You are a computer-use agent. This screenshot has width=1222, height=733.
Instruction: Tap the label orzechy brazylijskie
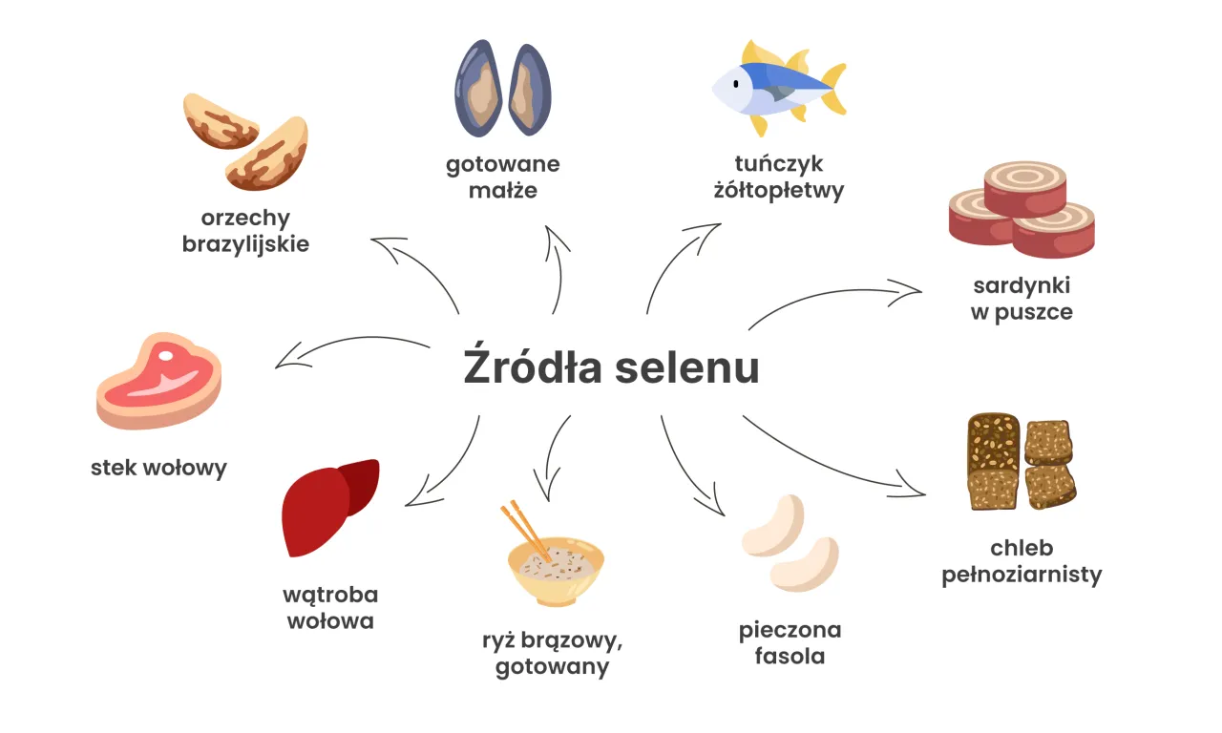[246, 231]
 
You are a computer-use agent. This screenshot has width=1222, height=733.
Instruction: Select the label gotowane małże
[503, 177]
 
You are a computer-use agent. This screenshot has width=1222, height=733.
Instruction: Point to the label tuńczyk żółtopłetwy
[779, 177]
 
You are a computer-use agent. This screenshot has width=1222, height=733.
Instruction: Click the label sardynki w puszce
[1022, 298]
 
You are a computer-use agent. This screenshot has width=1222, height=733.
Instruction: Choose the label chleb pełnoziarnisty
[1022, 561]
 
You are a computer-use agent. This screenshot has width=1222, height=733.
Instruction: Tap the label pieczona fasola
[790, 643]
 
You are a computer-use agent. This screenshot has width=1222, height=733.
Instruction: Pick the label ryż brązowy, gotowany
[552, 653]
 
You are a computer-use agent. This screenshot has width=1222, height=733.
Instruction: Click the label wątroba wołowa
[330, 608]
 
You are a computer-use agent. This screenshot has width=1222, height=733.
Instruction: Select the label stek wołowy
[158, 468]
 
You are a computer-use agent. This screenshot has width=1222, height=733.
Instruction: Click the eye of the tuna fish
[736, 84]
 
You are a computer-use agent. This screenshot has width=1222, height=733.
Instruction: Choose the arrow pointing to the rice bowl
[554, 458]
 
